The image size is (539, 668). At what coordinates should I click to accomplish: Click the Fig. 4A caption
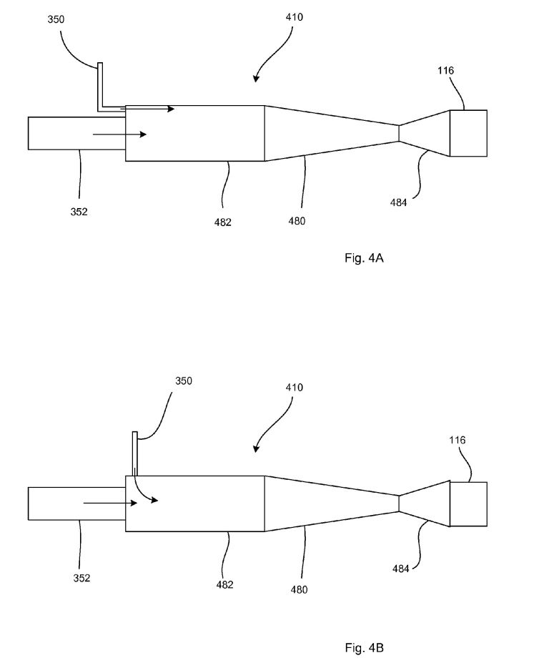[x=364, y=257]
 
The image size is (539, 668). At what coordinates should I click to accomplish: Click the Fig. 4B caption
[x=364, y=648]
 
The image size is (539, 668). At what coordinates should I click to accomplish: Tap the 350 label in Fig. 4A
[x=56, y=19]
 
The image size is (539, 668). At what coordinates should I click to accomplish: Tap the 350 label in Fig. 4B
[x=184, y=380]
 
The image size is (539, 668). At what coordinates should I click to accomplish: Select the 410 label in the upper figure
[x=295, y=17]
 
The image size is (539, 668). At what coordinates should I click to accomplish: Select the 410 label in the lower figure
[x=295, y=387]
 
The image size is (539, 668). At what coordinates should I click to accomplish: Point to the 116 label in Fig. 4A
[x=446, y=70]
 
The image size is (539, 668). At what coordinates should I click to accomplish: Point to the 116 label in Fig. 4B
[x=458, y=440]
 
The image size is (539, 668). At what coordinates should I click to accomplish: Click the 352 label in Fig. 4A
[x=79, y=211]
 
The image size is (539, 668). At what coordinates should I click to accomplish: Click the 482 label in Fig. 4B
[x=224, y=584]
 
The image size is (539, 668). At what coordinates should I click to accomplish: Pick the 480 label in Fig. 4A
[x=297, y=221]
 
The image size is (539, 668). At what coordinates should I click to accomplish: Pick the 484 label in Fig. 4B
[x=400, y=569]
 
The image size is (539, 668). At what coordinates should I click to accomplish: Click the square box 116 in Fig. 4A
[x=468, y=133]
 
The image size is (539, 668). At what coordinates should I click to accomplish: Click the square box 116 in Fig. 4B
[x=468, y=504]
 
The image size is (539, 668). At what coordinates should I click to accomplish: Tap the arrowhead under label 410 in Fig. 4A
[x=255, y=78]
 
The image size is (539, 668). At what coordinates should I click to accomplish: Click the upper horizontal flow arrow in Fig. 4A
[x=147, y=109]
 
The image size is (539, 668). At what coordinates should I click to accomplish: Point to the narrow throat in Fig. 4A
[x=399, y=133]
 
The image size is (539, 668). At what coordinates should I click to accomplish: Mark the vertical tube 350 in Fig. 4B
[x=135, y=453]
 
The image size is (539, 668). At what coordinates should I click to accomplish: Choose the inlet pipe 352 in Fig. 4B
[x=76, y=504]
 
